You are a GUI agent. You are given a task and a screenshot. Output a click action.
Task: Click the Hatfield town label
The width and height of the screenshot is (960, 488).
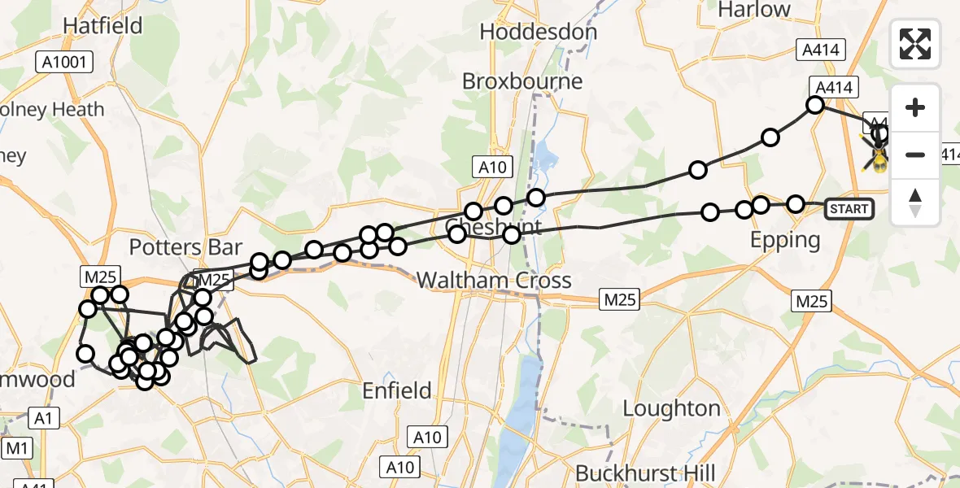[103, 26]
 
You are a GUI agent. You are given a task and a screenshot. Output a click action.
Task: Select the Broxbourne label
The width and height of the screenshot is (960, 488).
[522, 81]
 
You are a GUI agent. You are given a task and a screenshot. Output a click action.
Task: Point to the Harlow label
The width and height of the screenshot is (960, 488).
[754, 10]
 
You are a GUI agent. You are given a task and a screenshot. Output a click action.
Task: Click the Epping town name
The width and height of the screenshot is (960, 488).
[785, 240]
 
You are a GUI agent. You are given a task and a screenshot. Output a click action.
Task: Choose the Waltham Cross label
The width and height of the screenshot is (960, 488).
[494, 281]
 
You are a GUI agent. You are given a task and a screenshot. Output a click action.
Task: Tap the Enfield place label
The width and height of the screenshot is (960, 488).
[397, 391]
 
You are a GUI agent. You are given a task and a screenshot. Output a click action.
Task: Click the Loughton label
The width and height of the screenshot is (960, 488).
[671, 408]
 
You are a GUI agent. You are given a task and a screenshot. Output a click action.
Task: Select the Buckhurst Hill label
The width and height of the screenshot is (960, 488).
[645, 473]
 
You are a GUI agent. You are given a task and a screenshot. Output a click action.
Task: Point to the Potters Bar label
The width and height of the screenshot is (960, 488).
[186, 247]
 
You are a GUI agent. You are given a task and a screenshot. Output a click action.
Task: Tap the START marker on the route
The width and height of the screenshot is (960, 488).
[849, 209]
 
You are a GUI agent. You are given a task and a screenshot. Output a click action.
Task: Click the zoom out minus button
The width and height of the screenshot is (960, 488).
[916, 155]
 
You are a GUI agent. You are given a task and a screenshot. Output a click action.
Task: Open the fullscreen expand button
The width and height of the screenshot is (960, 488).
[916, 44]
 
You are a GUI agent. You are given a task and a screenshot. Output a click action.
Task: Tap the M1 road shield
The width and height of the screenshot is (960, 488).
[17, 448]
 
